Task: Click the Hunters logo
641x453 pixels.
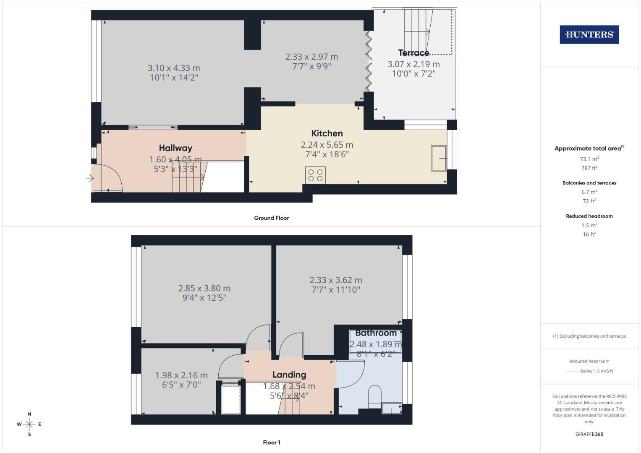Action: pyautogui.click(x=589, y=35)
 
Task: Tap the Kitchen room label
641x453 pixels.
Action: pyautogui.click(x=327, y=133)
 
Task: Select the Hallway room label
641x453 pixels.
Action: pyautogui.click(x=175, y=148)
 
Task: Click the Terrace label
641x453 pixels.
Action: pyautogui.click(x=413, y=53)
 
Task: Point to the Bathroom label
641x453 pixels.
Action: pyautogui.click(x=376, y=333)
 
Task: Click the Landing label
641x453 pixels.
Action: pyautogui.click(x=289, y=375)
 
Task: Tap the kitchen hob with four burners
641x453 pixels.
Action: pyautogui.click(x=315, y=175)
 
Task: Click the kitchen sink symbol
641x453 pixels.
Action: pyautogui.click(x=439, y=158)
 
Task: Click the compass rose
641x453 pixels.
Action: pyautogui.click(x=29, y=424)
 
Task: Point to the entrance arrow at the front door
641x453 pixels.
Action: pyautogui.click(x=89, y=178)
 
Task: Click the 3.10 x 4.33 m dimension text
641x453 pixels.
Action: pyautogui.click(x=174, y=68)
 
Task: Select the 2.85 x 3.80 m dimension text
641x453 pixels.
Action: pyautogui.click(x=204, y=289)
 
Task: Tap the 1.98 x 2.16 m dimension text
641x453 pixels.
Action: pyautogui.click(x=181, y=375)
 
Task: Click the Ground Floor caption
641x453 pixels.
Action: pyautogui.click(x=271, y=218)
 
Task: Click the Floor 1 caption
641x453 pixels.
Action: pyautogui.click(x=272, y=443)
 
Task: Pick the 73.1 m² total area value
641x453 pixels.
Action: pyautogui.click(x=589, y=159)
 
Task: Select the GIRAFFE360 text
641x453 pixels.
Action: pyautogui.click(x=589, y=434)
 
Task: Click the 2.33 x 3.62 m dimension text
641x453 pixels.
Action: pyautogui.click(x=336, y=280)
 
